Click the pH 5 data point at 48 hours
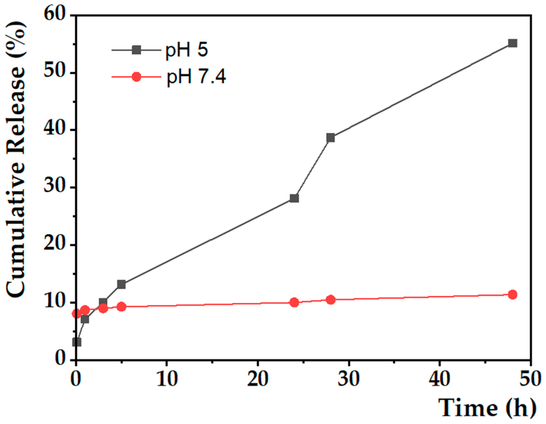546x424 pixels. tap(512, 43)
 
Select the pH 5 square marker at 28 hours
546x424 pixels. tap(330, 138)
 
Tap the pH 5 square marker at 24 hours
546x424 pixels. tap(294, 198)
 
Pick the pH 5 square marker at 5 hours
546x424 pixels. tap(121, 284)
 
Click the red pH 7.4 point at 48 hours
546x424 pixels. tap(512, 295)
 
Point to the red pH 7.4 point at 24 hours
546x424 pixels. tap(294, 302)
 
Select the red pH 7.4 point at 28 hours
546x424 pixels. tap(330, 300)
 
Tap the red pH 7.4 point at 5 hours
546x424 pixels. tap(121, 307)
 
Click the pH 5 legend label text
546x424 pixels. tap(186, 50)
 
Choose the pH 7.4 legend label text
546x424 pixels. tap(196, 77)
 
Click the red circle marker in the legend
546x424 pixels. tap(136, 77)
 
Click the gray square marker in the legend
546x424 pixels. tap(136, 50)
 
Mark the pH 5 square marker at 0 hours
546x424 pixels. tap(77, 342)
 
